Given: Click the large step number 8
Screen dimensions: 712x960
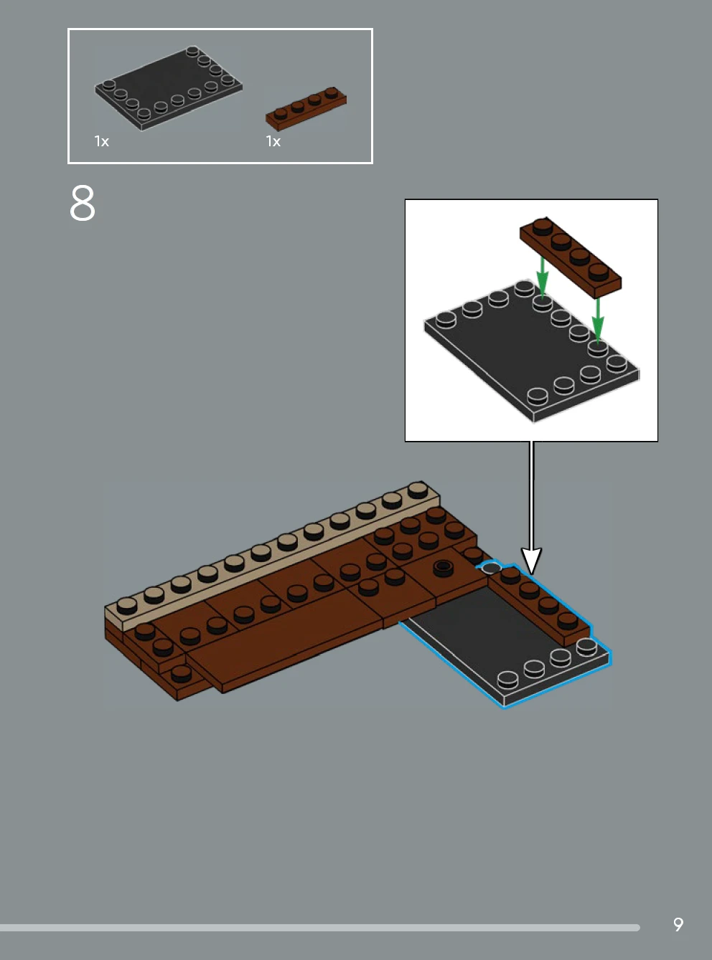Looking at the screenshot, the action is pyautogui.click(x=82, y=203).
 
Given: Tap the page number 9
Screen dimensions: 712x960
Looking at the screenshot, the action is pyautogui.click(x=678, y=924).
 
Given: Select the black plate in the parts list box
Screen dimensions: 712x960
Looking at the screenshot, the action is pyautogui.click(x=168, y=88).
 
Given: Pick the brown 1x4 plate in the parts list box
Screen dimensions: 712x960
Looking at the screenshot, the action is pyautogui.click(x=306, y=109).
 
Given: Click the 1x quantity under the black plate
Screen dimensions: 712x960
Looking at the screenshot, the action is pyautogui.click(x=102, y=141).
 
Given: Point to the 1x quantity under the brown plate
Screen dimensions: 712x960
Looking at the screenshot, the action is pyautogui.click(x=273, y=141).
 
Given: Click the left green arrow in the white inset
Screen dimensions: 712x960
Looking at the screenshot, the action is pyautogui.click(x=542, y=277).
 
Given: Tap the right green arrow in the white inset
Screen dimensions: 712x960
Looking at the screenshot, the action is pyautogui.click(x=598, y=320).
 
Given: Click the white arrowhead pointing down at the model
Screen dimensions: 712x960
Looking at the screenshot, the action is pyautogui.click(x=532, y=561).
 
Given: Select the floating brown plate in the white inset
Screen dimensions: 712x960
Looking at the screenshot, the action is pyautogui.click(x=571, y=258).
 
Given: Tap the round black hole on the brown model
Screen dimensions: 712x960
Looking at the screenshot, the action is pyautogui.click(x=442, y=566).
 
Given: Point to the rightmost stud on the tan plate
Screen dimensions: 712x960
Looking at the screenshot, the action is pyautogui.click(x=418, y=490).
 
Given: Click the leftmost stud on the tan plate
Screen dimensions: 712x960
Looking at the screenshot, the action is pyautogui.click(x=126, y=606).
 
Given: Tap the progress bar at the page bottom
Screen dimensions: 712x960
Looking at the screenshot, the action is pyautogui.click(x=320, y=928).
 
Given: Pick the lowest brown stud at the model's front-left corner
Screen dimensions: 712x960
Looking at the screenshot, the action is pyautogui.click(x=181, y=673).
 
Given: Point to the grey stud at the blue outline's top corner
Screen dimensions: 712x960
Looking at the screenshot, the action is pyautogui.click(x=492, y=567).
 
